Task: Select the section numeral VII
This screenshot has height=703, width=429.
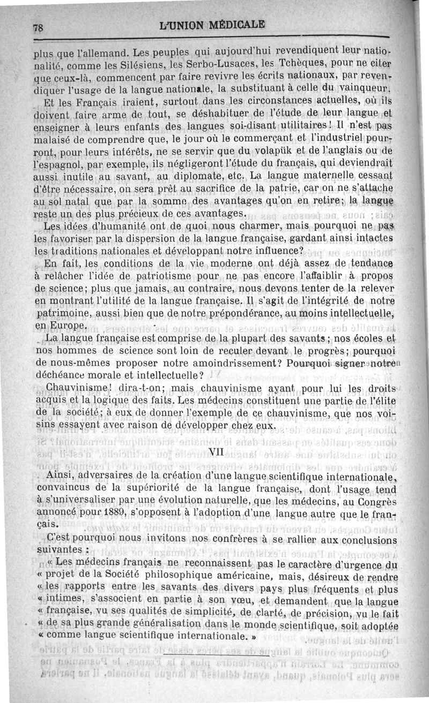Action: (x=216, y=451)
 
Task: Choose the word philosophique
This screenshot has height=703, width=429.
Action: (x=177, y=576)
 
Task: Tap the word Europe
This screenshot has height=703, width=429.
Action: (x=68, y=326)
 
